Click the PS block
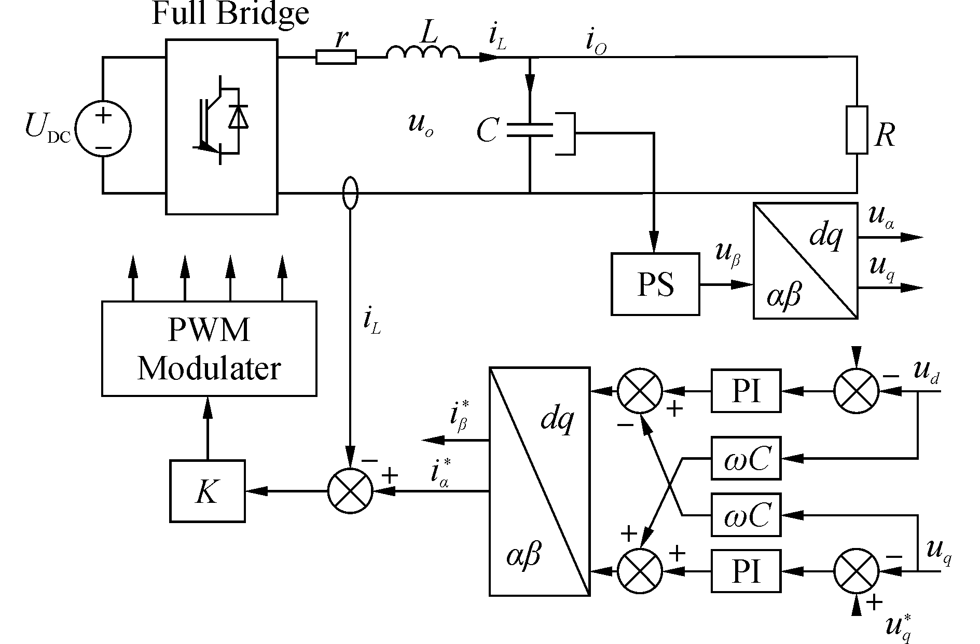655,284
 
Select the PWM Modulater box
209,349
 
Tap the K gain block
208,491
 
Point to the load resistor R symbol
857,130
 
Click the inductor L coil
423,52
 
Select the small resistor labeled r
336,57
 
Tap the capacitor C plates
529,130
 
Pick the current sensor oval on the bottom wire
351,193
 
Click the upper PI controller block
746,391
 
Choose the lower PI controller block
746,571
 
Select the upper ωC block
746,458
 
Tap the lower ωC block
746,515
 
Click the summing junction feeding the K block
351,491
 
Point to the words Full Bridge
230,14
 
